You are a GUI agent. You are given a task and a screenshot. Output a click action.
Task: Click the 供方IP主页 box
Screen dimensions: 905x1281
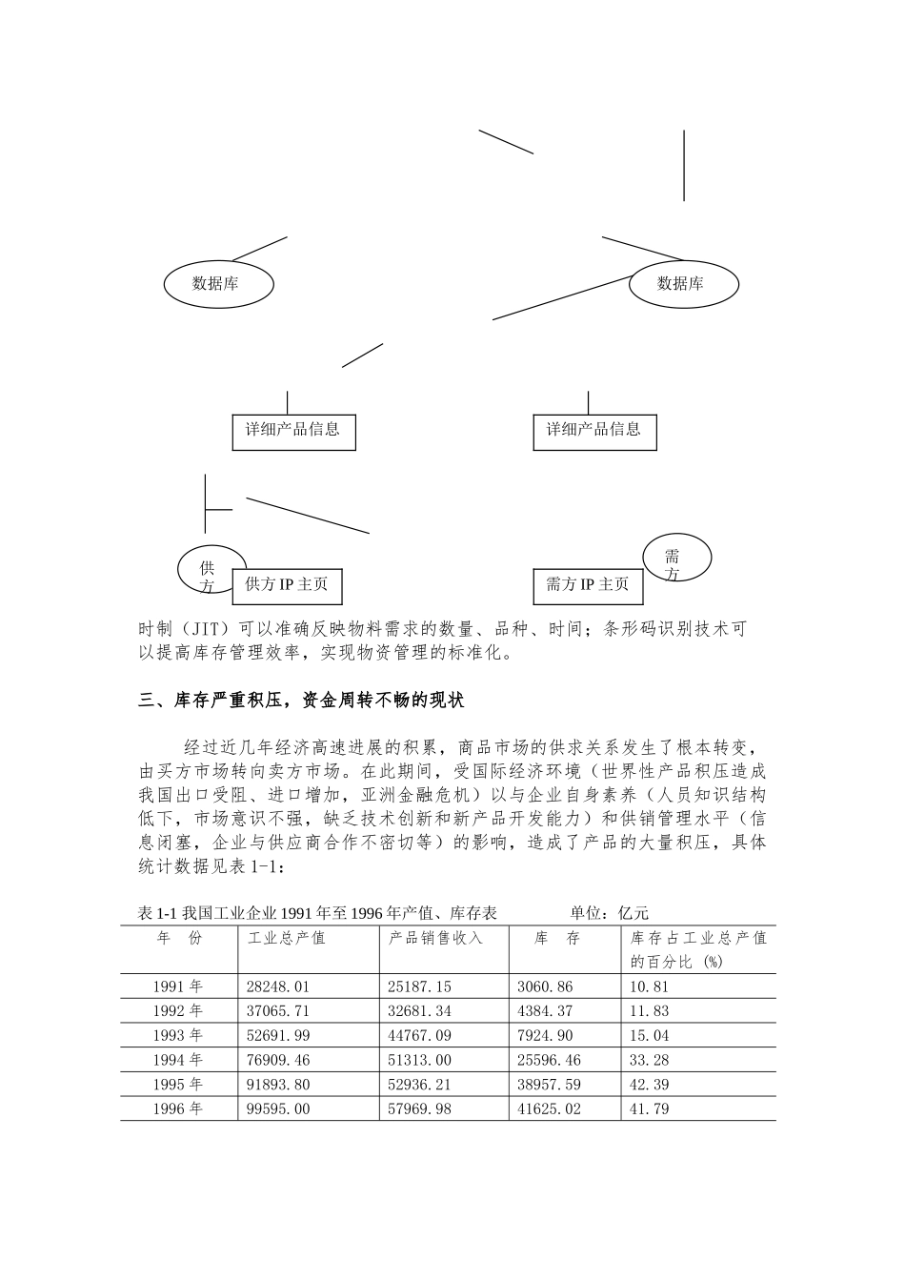pyautogui.click(x=287, y=584)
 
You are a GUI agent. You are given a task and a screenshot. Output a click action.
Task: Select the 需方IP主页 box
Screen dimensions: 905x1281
pyautogui.click(x=587, y=584)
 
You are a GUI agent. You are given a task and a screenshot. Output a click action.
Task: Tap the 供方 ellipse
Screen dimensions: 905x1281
pyautogui.click(x=207, y=569)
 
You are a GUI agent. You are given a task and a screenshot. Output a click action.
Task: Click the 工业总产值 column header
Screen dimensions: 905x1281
pyautogui.click(x=287, y=938)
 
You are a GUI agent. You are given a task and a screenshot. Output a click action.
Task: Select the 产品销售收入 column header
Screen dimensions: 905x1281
pyautogui.click(x=436, y=938)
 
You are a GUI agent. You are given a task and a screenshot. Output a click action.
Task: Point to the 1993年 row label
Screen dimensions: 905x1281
pyautogui.click(x=178, y=1035)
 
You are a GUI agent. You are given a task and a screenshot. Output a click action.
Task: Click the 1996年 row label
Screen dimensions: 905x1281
pyautogui.click(x=178, y=1109)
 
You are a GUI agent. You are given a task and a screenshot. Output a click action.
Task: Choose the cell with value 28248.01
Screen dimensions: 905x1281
pyautogui.click(x=279, y=986)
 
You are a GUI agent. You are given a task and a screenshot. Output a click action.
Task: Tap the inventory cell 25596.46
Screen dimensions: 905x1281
pyautogui.click(x=553, y=1060)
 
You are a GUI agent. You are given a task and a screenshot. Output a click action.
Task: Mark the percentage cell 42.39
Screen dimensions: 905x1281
pyautogui.click(x=650, y=1085)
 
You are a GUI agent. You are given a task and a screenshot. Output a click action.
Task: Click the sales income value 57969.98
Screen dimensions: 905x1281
pyautogui.click(x=420, y=1109)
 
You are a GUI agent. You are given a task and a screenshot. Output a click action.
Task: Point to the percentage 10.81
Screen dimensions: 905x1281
pyautogui.click(x=650, y=986)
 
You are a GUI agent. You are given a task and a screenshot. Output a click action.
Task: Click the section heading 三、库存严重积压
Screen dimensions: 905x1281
pyautogui.click(x=301, y=701)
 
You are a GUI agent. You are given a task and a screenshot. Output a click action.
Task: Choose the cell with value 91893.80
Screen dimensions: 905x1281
pyautogui.click(x=279, y=1085)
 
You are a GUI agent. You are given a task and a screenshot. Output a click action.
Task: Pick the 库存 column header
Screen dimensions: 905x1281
pyautogui.click(x=558, y=938)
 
